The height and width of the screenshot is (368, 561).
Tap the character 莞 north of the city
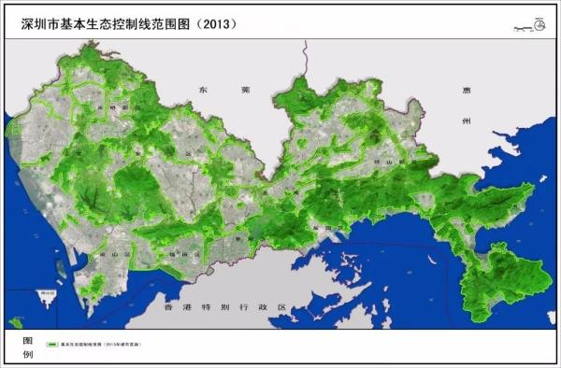pos(245,90)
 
